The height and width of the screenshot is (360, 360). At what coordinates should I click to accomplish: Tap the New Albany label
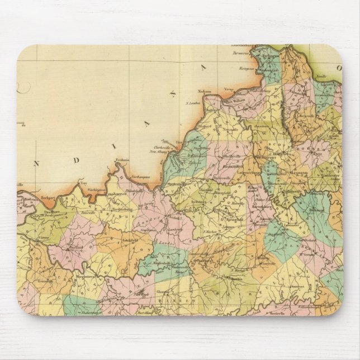point(159,152)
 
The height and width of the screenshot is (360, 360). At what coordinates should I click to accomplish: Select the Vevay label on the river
point(229,89)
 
